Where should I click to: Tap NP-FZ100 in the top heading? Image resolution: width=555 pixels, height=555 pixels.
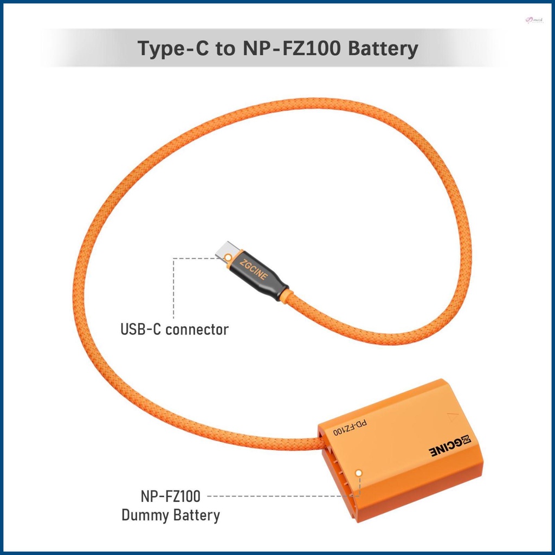click(287, 49)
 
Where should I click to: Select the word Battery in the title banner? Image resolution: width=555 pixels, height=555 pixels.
click(383, 49)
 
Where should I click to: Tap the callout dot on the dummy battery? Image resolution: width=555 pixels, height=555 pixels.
click(358, 473)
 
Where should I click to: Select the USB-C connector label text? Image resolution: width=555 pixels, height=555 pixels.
click(174, 329)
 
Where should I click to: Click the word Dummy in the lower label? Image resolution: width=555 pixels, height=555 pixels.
click(145, 514)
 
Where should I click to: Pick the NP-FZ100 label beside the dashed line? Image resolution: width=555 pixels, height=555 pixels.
click(170, 496)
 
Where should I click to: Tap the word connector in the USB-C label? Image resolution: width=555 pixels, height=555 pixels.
click(197, 329)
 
